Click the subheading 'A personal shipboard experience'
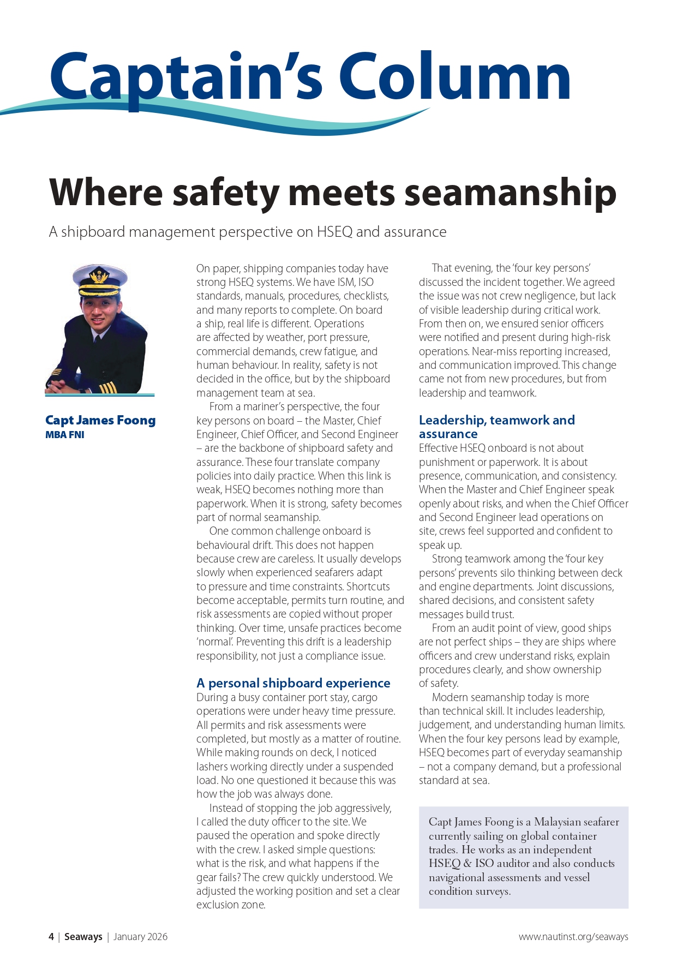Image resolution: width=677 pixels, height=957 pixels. click(293, 683)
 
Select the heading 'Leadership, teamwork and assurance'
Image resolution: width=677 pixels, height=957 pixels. click(496, 427)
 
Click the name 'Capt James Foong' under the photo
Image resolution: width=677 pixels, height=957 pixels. click(100, 420)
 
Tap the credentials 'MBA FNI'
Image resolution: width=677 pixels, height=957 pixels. click(65, 435)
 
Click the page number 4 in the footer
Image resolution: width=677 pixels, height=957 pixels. click(51, 937)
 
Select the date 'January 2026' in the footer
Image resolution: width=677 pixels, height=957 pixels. click(140, 937)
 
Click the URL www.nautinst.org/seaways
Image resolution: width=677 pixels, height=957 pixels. click(573, 937)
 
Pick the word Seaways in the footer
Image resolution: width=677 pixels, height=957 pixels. click(83, 937)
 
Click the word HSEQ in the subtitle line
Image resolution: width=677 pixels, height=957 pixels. click(334, 232)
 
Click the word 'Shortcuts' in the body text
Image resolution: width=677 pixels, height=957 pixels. click(368, 587)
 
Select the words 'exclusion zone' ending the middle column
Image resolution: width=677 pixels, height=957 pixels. click(231, 905)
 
